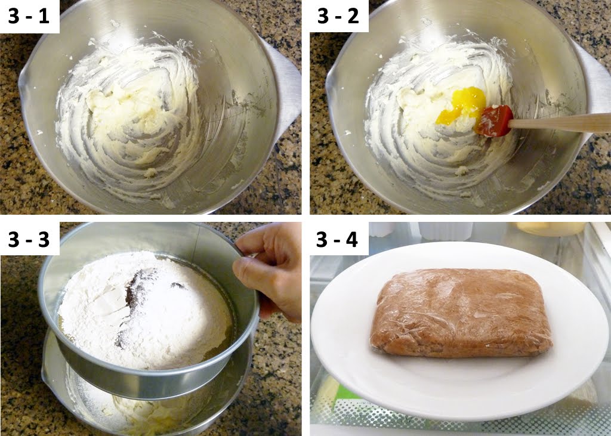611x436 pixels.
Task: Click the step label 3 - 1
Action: pyautogui.click(x=29, y=16)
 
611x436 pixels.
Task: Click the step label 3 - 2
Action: pyautogui.click(x=338, y=16)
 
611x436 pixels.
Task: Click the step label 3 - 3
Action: pyautogui.click(x=29, y=238)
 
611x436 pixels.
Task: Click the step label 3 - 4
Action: pyautogui.click(x=338, y=239)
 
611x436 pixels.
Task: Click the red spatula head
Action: pyautogui.click(x=494, y=120)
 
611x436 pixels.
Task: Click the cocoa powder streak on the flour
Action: pyautogui.click(x=134, y=298)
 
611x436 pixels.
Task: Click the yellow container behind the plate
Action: pyautogui.click(x=549, y=228)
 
